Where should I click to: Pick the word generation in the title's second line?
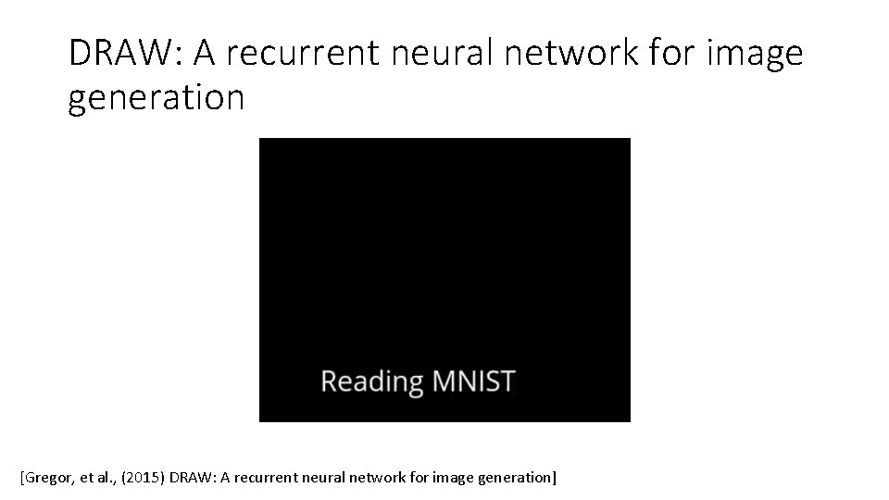point(157,98)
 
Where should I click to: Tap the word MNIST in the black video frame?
point(472,381)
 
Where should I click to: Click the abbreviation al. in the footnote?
point(105,479)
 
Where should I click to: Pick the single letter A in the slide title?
point(206,54)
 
